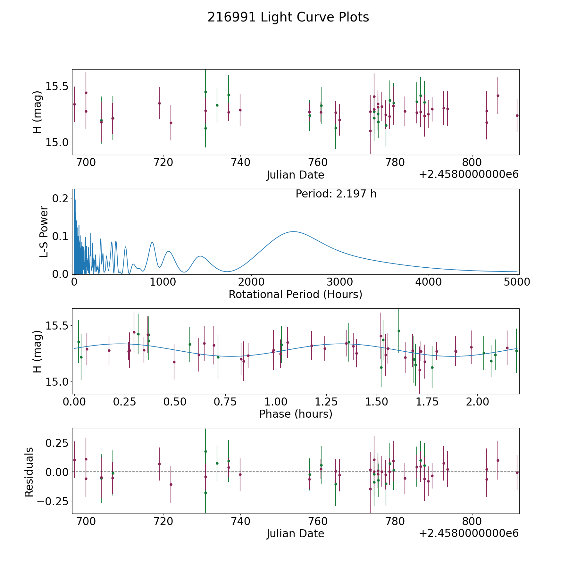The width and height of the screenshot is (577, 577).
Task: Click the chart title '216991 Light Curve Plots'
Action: [288, 17]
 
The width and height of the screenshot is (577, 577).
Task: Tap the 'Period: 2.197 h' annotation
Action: [336, 194]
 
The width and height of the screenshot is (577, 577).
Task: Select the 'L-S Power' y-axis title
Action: [44, 232]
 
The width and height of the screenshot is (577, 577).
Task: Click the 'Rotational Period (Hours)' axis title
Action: [295, 294]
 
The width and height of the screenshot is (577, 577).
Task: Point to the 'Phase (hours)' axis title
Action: [296, 414]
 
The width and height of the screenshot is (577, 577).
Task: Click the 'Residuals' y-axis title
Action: [29, 472]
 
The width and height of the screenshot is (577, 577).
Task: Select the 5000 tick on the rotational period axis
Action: [517, 282]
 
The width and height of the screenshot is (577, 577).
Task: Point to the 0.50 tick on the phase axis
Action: [175, 402]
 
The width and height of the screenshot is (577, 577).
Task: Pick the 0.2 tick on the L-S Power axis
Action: [60, 198]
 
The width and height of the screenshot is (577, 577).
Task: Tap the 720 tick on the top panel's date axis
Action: [163, 163]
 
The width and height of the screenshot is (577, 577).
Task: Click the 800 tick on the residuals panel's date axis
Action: [472, 521]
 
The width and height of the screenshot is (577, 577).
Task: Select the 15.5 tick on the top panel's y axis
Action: [57, 87]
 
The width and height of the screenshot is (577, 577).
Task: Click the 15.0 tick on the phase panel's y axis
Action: [57, 381]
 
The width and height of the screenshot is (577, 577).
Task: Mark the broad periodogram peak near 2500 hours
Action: [293, 232]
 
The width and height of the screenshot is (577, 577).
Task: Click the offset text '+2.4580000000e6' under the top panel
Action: [469, 175]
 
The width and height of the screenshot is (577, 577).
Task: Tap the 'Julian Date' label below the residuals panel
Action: [295, 533]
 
